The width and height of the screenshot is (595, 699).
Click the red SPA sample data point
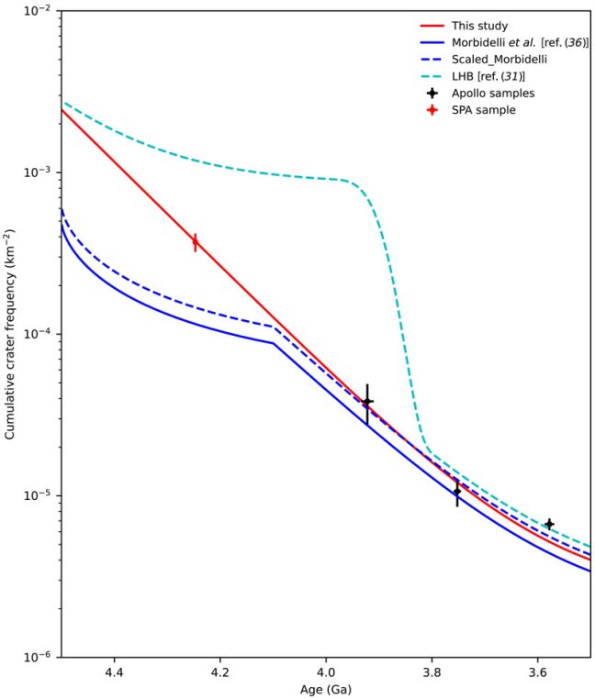coord(195,242)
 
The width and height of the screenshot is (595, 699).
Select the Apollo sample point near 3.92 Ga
coord(366,402)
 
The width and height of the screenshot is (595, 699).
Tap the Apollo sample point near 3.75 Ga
coord(456,491)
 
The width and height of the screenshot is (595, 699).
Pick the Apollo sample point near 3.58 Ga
coord(548,524)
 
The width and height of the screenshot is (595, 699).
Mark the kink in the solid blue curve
coord(274,343)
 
